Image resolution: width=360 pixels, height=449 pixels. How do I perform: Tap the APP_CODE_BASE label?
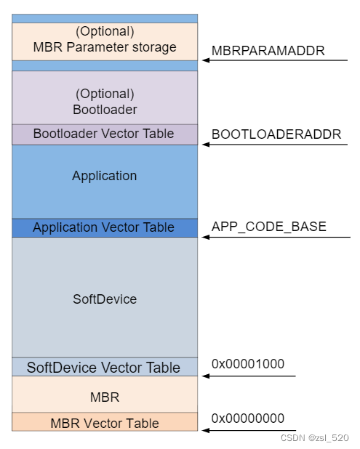click(x=269, y=227)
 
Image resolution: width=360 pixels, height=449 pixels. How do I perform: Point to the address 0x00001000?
click(x=248, y=364)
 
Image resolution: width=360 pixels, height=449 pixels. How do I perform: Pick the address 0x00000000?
click(x=248, y=418)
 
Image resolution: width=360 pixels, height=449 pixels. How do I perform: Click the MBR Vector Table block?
click(x=105, y=423)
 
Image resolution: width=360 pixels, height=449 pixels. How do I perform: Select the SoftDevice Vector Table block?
click(x=105, y=368)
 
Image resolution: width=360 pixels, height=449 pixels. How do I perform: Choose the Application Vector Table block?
click(x=105, y=228)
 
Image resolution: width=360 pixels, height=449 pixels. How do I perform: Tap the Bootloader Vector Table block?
click(x=105, y=134)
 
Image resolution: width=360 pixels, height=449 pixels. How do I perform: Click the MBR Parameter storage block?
click(x=105, y=41)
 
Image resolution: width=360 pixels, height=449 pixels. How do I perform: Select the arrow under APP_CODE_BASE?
click(x=276, y=237)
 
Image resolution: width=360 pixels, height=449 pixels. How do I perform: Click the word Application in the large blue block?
click(x=105, y=176)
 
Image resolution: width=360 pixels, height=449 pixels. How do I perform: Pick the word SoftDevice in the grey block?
click(x=105, y=299)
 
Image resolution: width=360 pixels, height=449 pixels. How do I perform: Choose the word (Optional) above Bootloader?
click(x=105, y=94)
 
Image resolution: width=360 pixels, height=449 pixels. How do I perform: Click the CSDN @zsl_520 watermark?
click(x=314, y=438)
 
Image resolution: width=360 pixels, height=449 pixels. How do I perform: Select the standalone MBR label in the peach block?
click(x=105, y=398)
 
